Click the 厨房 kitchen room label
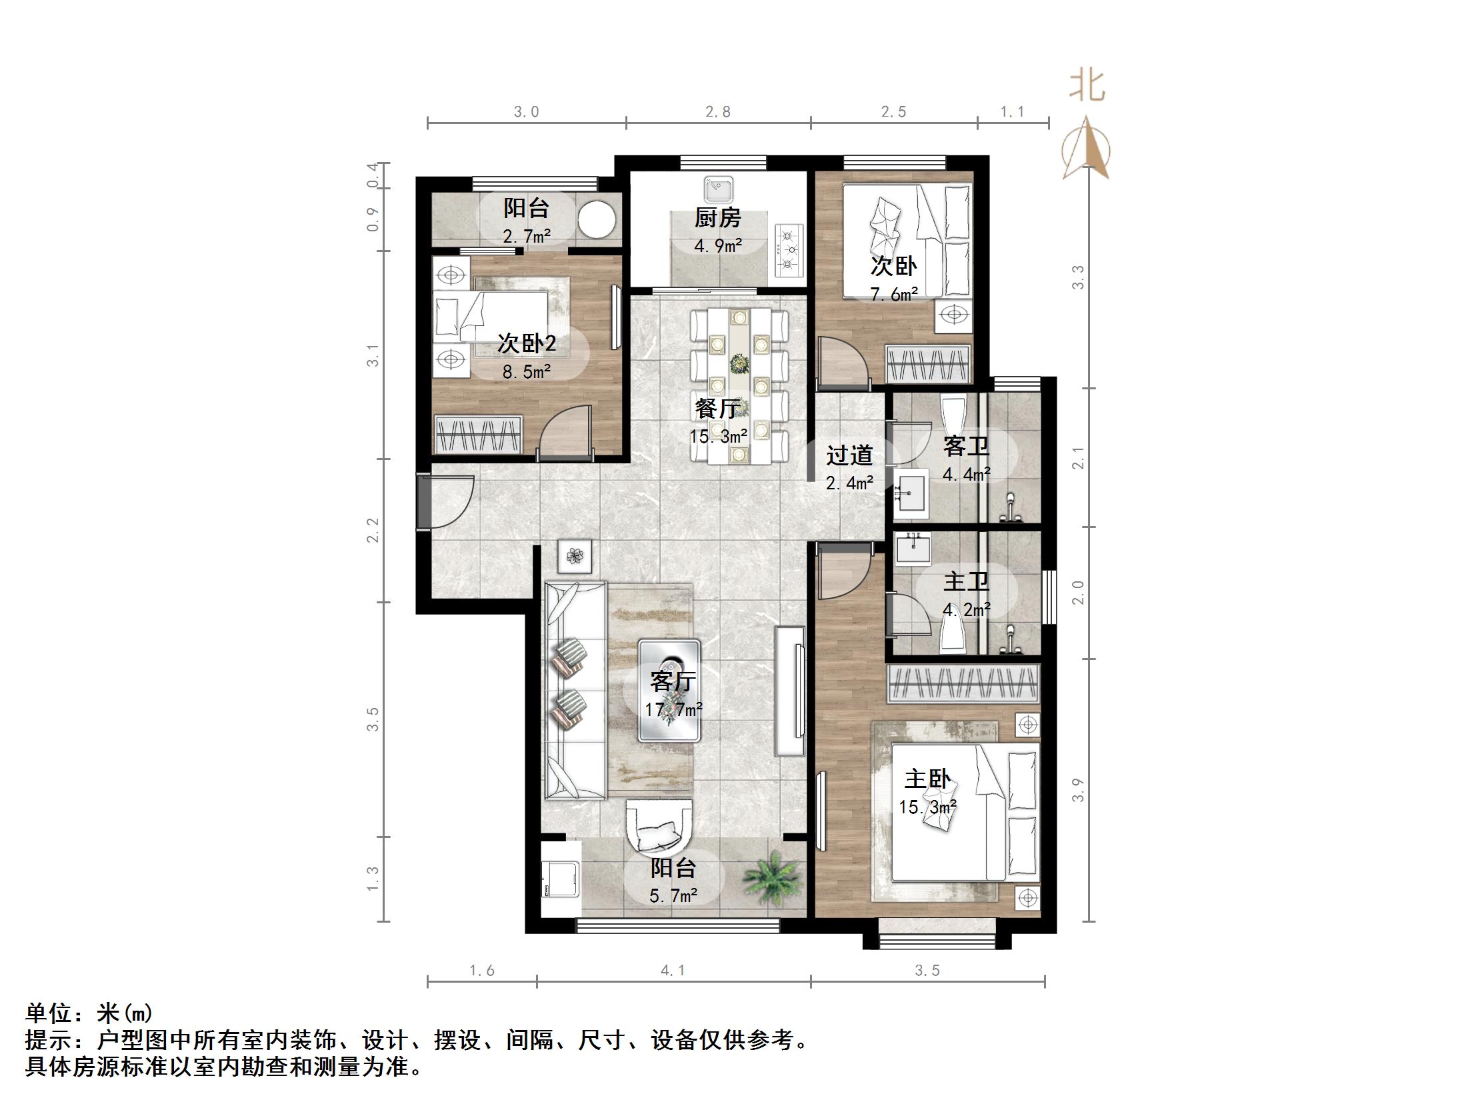click(x=717, y=218)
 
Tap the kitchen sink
click(x=717, y=189)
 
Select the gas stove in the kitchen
click(x=789, y=251)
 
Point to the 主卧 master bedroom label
click(x=927, y=779)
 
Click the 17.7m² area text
click(x=673, y=709)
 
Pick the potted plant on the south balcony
click(x=773, y=879)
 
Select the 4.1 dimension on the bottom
click(x=673, y=971)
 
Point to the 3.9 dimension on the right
click(x=1077, y=790)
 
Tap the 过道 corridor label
click(x=849, y=455)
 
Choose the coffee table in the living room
click(x=669, y=691)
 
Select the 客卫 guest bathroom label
click(x=966, y=446)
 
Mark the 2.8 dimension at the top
click(x=718, y=111)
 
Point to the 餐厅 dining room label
click(x=717, y=409)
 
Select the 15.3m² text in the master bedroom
click(x=927, y=807)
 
